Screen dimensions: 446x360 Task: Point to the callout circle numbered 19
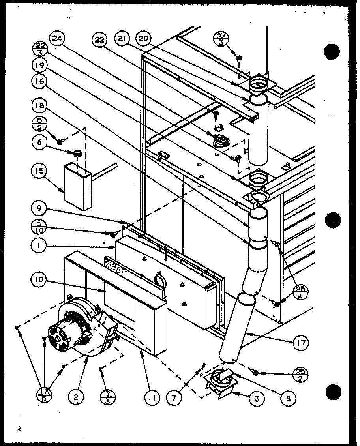click(x=39, y=65)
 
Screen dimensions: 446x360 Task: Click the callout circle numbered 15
click(x=39, y=171)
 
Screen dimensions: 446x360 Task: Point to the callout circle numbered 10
click(x=39, y=281)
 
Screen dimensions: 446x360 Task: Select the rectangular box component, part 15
click(x=78, y=185)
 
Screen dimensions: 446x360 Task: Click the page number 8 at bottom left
click(x=19, y=429)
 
